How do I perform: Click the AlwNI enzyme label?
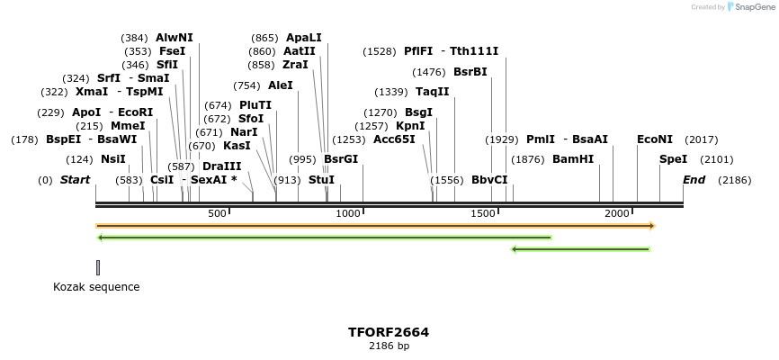coord(174,38)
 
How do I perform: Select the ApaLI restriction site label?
coord(303,38)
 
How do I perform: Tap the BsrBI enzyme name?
coord(470,72)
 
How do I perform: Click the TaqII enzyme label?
coord(432,92)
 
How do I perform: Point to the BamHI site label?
coord(573,159)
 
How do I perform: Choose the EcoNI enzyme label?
coord(654,139)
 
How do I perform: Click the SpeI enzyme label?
coord(673,159)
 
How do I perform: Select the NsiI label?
coord(113,159)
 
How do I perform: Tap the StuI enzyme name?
coord(321,180)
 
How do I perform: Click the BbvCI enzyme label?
coord(489,180)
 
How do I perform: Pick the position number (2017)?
coord(702,139)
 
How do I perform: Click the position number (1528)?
coord(379,51)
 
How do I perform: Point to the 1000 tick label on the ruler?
coord(347,213)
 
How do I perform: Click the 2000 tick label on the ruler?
coord(616,213)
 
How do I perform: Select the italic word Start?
coord(75,180)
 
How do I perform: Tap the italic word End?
coord(694,180)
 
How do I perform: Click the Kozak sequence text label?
coord(96,287)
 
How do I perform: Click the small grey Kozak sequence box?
coord(97,267)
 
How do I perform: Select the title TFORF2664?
coord(389,332)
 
